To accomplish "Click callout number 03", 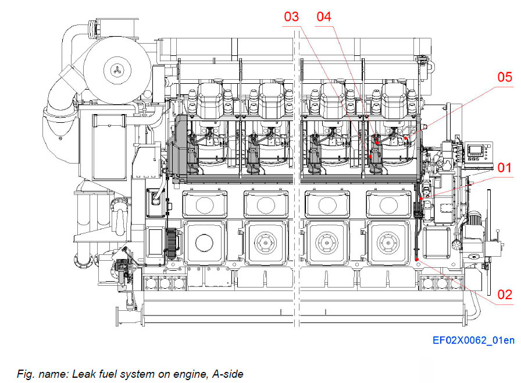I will click(291, 17).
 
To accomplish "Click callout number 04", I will click(324, 17).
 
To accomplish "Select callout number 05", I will click(505, 77).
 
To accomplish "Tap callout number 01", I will click(505, 169).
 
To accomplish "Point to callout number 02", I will click(505, 295).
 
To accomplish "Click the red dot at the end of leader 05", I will click(405, 137).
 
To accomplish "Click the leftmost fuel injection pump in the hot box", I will click(191, 156).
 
